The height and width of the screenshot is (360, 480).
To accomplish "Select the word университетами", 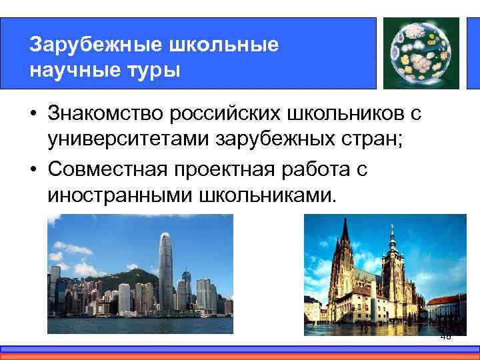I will click(x=118, y=141).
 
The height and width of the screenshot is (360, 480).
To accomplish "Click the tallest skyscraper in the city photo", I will click(x=165, y=273).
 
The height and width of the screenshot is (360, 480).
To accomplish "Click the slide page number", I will click(x=445, y=337).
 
